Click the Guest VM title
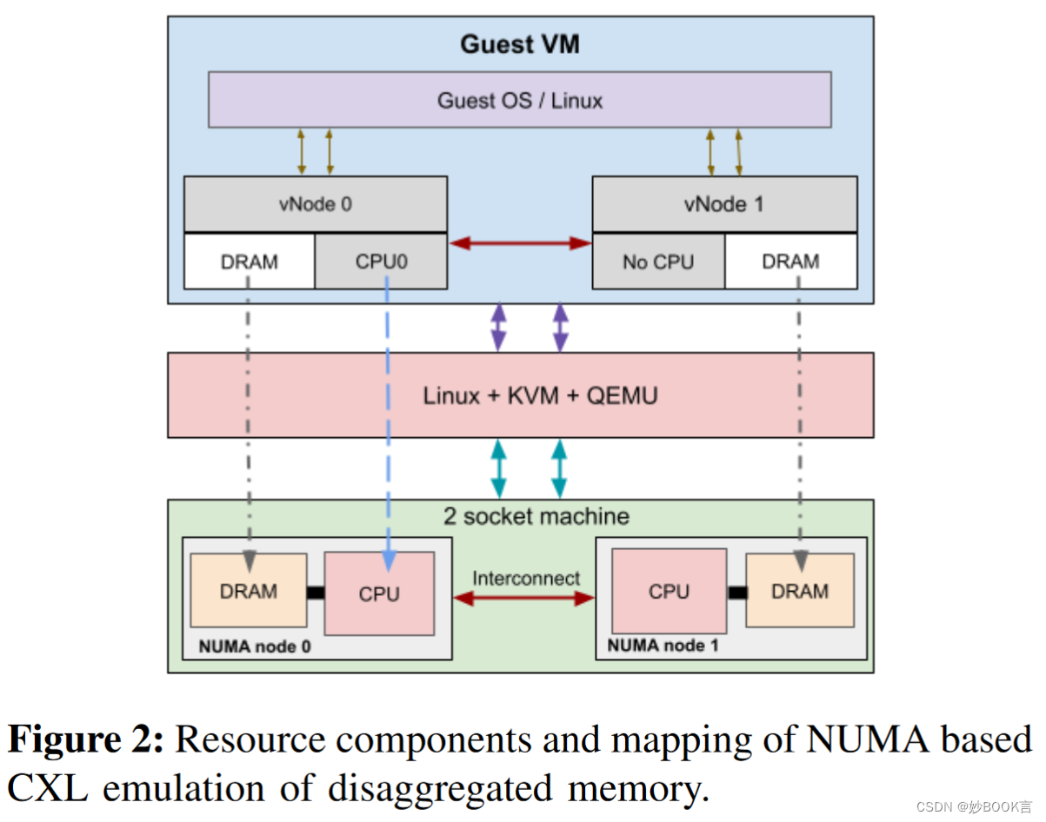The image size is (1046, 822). coord(519,44)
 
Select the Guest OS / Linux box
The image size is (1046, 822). coord(519,100)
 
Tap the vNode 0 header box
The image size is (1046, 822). coord(316,204)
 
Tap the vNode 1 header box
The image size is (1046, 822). coord(724,204)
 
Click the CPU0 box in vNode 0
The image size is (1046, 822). coord(381,262)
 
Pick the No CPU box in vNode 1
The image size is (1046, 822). coord(658,262)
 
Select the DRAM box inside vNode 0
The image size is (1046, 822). coord(250,262)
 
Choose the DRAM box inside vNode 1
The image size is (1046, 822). coord(790,262)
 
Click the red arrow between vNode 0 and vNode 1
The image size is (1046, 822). coord(520,243)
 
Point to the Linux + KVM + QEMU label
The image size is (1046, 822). coord(540,396)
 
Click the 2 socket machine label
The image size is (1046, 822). coord(536,516)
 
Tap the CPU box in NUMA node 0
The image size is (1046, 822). coord(379,594)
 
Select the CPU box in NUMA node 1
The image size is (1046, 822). coord(669,592)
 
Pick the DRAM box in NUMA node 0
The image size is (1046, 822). coord(249,591)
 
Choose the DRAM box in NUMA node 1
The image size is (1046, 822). coord(799,591)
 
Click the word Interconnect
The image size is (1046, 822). coord(526,578)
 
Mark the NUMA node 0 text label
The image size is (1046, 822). coord(254,646)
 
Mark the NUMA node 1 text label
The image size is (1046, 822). coord(663,646)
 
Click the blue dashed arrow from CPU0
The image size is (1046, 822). coord(386,417)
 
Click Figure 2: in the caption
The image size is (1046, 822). coord(85,739)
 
